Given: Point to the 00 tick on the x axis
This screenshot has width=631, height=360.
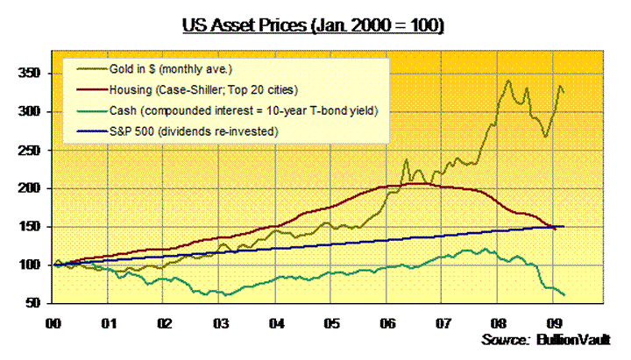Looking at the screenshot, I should [x=53, y=322].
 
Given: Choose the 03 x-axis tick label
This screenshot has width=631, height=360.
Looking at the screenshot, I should [x=220, y=322].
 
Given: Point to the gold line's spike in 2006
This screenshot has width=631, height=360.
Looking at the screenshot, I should [x=406, y=160].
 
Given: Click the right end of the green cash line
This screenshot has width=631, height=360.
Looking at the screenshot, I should [x=564, y=294].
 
